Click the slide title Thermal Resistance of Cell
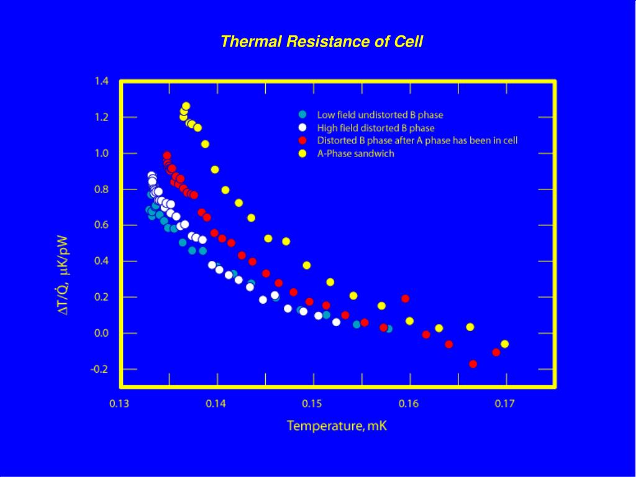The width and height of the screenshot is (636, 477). click(x=322, y=42)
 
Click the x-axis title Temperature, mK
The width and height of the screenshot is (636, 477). click(x=337, y=426)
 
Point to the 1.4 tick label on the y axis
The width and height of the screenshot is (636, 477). click(x=101, y=81)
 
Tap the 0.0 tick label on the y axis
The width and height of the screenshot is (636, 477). click(x=101, y=334)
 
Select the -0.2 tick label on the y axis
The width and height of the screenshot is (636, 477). click(x=100, y=369)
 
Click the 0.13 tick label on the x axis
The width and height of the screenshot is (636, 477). click(x=120, y=404)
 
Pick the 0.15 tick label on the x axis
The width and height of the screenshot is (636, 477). click(x=312, y=404)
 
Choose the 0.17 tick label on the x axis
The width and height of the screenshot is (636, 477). click(x=505, y=404)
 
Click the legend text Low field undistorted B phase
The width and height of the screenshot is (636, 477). click(x=380, y=115)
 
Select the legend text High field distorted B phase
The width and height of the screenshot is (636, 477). click(x=376, y=128)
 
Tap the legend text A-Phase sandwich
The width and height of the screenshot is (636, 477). click(x=355, y=154)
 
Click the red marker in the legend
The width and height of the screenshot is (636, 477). click(x=303, y=140)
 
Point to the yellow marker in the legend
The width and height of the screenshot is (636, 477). click(x=303, y=154)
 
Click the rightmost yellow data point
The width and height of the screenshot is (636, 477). click(x=504, y=344)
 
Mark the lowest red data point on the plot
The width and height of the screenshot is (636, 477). click(x=473, y=364)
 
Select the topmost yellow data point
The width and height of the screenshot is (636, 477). click(x=186, y=106)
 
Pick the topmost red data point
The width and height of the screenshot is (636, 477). click(x=166, y=156)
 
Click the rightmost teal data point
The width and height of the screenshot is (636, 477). click(x=388, y=329)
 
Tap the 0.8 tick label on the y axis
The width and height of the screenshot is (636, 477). click(x=101, y=189)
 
